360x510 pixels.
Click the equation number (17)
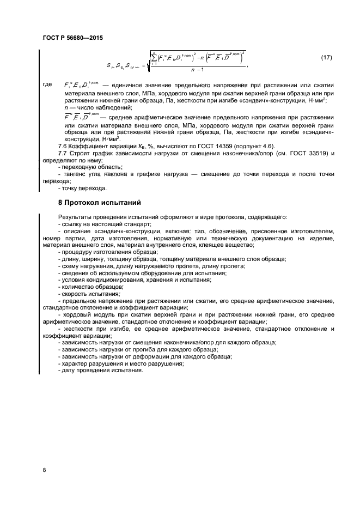click(326, 58)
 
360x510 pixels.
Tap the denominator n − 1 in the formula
click(196, 70)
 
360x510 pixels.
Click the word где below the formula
click(47, 85)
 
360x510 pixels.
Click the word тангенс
click(76, 174)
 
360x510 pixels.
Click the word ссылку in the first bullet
click(72, 224)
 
